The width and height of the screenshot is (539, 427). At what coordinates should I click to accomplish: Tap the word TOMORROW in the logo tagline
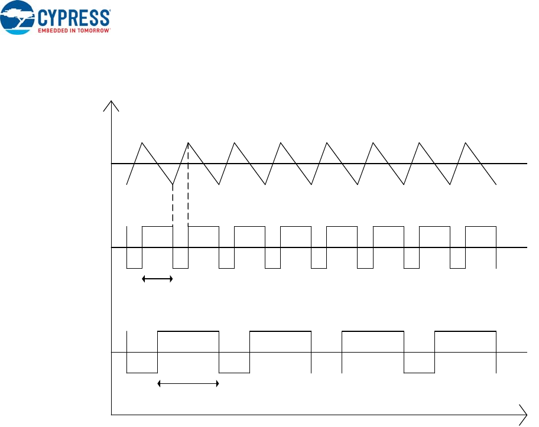(x=95, y=29)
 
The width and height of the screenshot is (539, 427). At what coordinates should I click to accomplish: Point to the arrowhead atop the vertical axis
(x=112, y=105)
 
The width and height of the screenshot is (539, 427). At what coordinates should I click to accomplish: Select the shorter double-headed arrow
(x=157, y=279)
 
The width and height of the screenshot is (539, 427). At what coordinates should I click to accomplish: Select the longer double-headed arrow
(x=188, y=384)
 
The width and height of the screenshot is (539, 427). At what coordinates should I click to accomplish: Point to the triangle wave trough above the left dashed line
(x=173, y=184)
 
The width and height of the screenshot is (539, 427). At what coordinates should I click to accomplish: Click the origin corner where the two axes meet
(x=112, y=415)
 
